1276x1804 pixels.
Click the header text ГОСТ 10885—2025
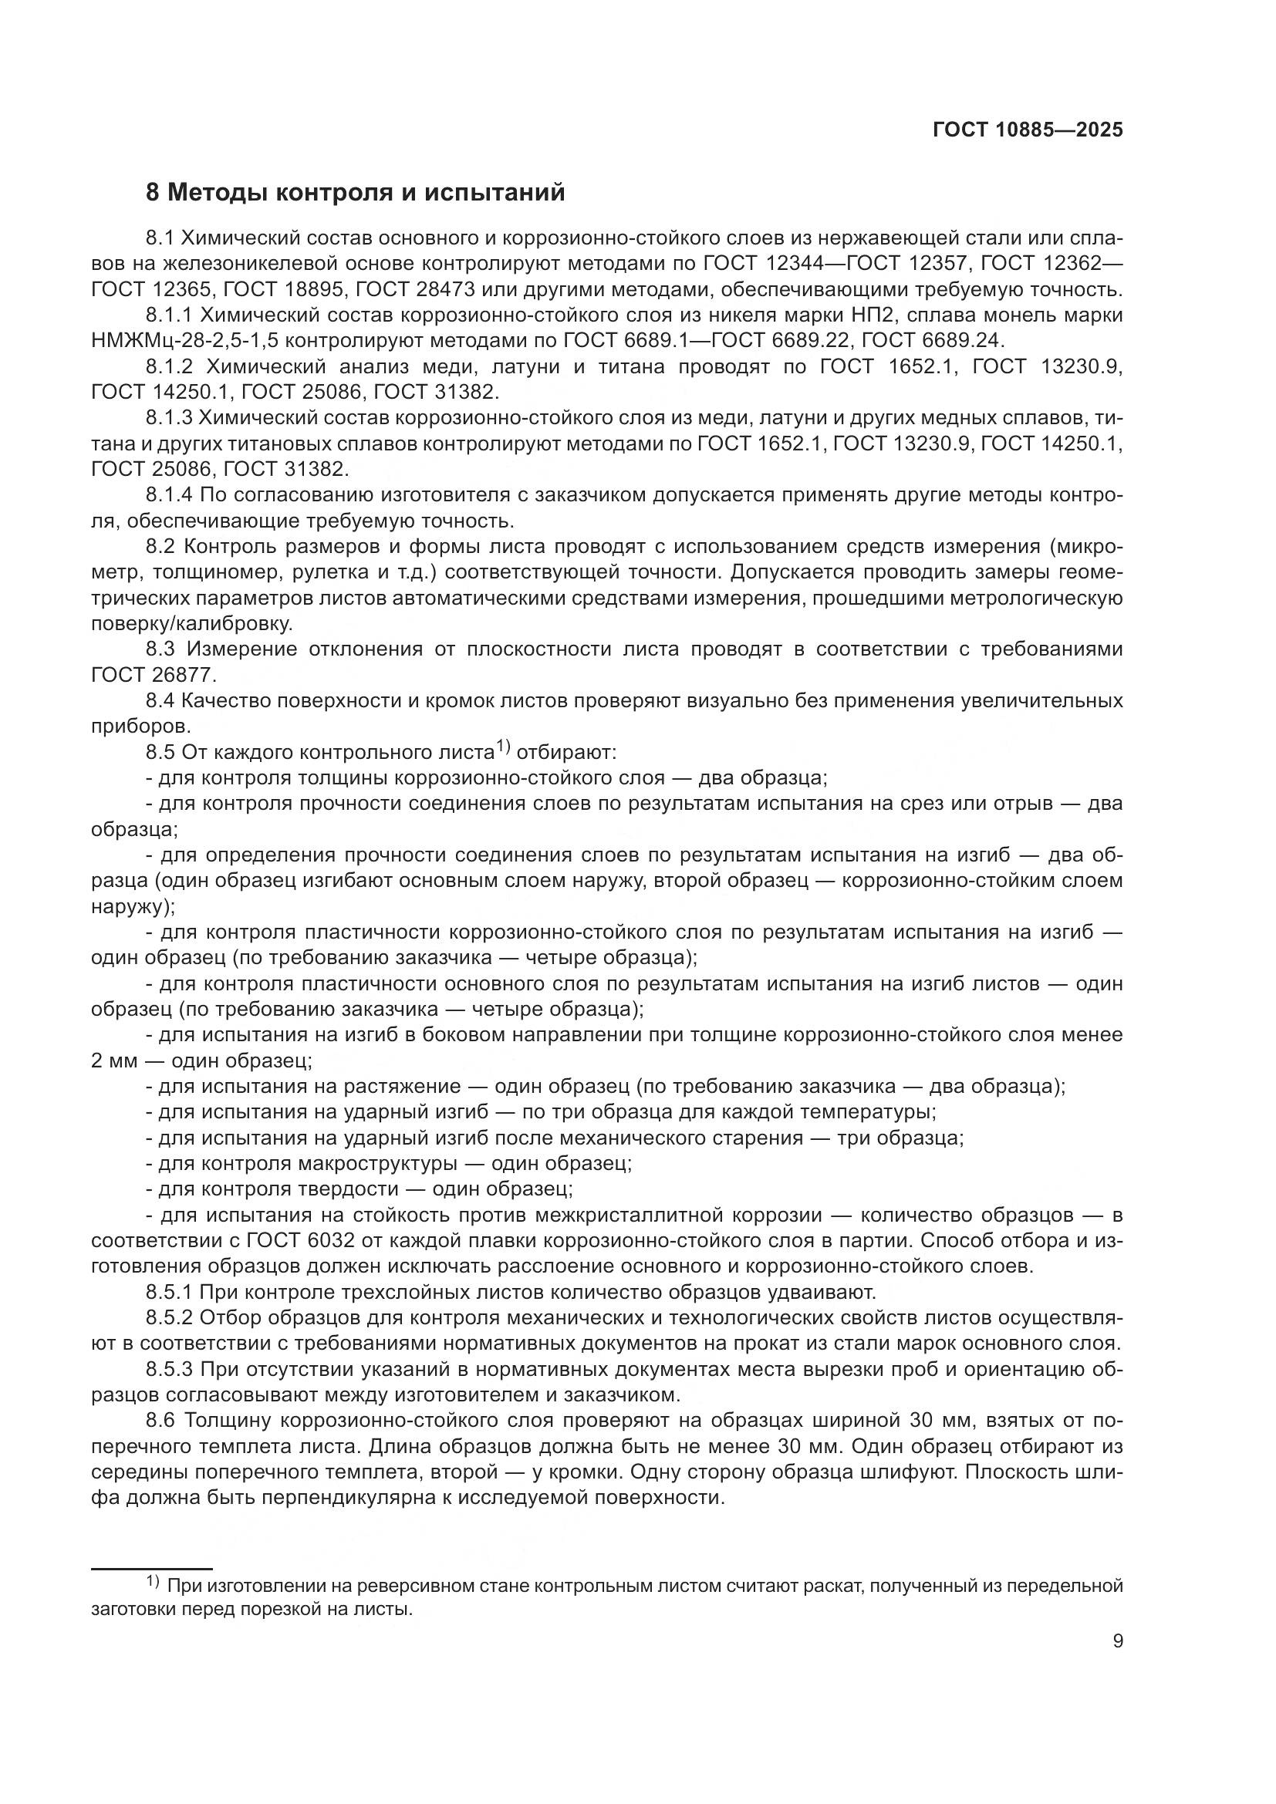pyautogui.click(x=1028, y=130)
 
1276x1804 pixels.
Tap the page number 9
pyautogui.click(x=1117, y=1641)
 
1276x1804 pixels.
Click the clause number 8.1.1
pyautogui.click(x=169, y=315)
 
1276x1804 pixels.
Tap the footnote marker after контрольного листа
pyautogui.click(x=503, y=748)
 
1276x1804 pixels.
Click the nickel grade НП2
pyautogui.click(x=973, y=315)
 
